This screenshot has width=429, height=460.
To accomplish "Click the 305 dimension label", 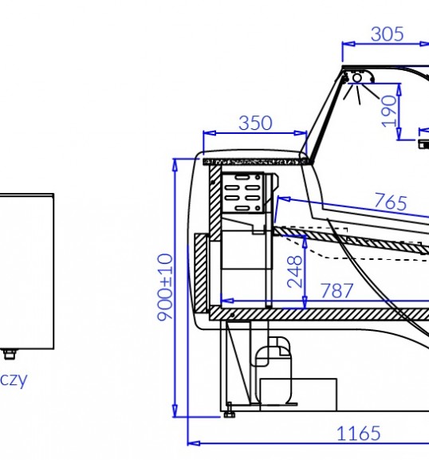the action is [x=388, y=34].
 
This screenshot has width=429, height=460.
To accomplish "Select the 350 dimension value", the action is [x=256, y=123].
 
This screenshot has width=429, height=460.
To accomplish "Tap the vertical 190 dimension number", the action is [x=389, y=111].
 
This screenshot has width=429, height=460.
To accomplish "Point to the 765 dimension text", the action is [x=391, y=202].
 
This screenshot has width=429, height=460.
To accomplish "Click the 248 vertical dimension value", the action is [x=294, y=272].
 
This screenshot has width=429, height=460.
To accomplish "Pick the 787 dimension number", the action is [x=337, y=291].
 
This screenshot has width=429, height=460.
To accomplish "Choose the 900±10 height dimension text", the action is [x=165, y=287].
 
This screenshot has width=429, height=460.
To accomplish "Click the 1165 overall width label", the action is [x=359, y=434].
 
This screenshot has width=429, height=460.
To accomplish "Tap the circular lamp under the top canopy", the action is [x=357, y=78].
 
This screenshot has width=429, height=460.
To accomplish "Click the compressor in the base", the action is [x=273, y=372].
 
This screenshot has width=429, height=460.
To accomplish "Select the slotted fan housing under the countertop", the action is [x=242, y=192].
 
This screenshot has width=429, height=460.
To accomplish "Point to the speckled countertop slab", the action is [x=256, y=162].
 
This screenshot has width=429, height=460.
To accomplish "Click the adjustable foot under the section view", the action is [x=229, y=411].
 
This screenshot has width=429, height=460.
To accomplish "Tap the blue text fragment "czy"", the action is [x=14, y=380].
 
